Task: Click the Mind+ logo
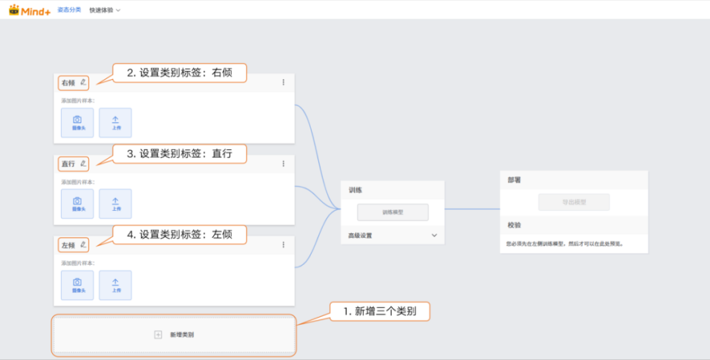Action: coord(30,10)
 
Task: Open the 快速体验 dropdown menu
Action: coord(105,10)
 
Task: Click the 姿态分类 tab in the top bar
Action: coord(69,10)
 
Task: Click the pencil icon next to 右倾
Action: coord(83,82)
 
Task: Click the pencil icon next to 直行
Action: coord(83,164)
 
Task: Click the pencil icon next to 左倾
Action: coord(83,245)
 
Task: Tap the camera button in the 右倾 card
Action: coord(77,123)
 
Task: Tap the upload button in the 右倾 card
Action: coord(115,123)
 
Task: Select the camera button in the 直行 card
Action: coord(77,204)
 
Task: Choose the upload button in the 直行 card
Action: coord(115,204)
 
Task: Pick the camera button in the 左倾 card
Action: coord(77,285)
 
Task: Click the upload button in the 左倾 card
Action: coord(115,285)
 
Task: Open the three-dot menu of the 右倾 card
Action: coord(283,83)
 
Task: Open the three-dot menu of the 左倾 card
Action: coord(283,245)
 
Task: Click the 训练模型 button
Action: coord(392,212)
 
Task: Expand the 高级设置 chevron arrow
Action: coord(434,236)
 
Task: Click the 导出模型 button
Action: coord(573,202)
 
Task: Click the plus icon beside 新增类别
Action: coord(158,335)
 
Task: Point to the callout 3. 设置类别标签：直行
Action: coord(180,153)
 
